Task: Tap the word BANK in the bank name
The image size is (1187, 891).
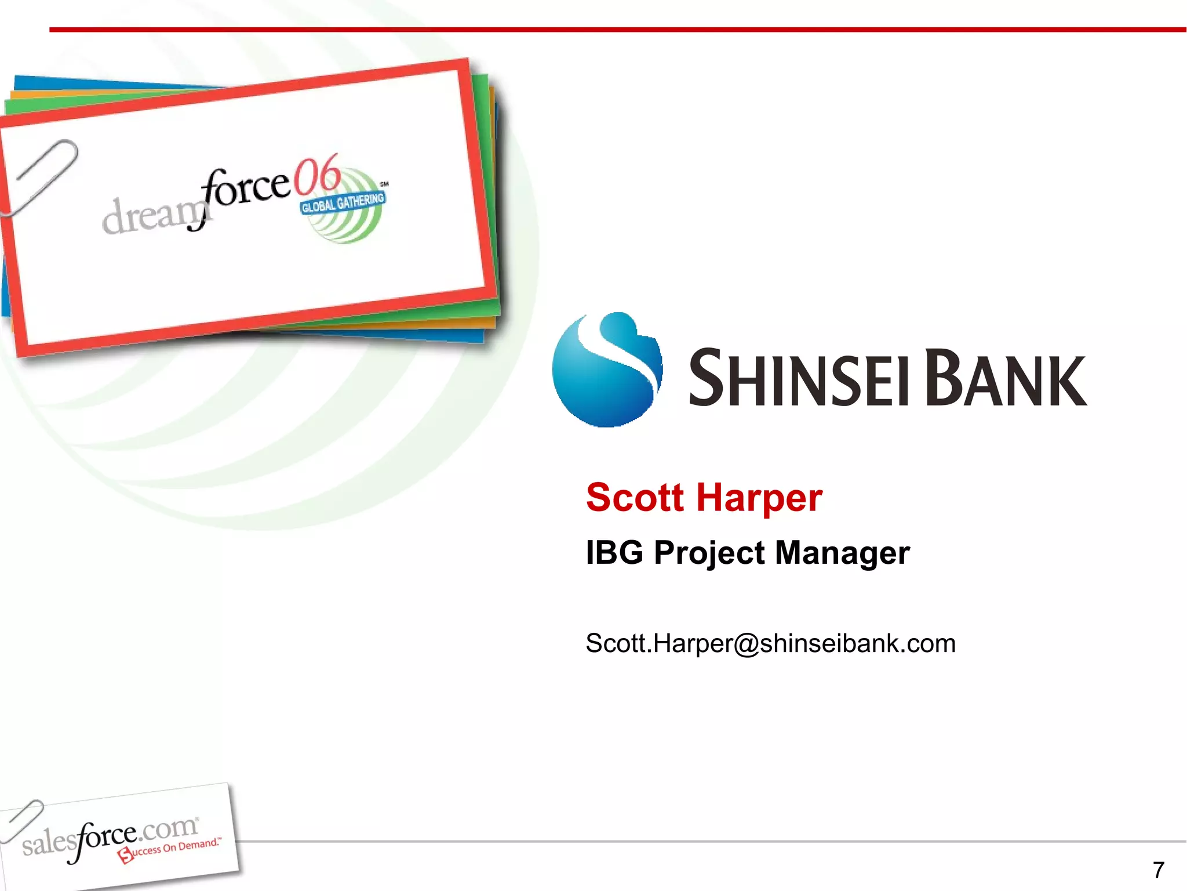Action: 1006,378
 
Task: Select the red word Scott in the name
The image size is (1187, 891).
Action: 635,498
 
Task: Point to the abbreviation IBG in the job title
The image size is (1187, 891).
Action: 614,552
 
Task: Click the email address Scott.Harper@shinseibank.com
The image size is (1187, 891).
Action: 770,643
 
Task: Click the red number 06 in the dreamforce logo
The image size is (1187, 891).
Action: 316,176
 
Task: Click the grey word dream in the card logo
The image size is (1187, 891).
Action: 151,216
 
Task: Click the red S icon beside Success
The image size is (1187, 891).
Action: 125,855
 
